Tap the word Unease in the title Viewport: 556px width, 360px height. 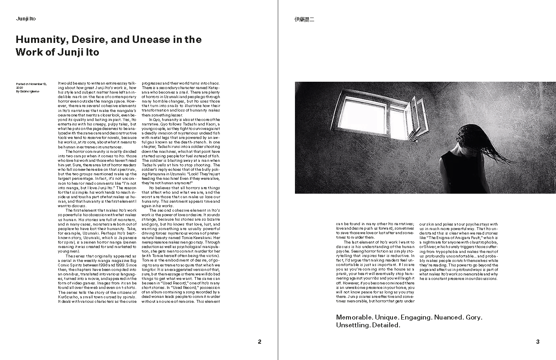tap(150, 40)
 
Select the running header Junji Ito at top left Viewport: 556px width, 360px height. tap(26, 19)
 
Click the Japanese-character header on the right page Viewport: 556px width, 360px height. tap(304, 19)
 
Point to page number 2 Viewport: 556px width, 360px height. tap(259, 342)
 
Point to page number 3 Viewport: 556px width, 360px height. tap(538, 342)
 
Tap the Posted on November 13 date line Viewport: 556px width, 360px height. tap(31, 84)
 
